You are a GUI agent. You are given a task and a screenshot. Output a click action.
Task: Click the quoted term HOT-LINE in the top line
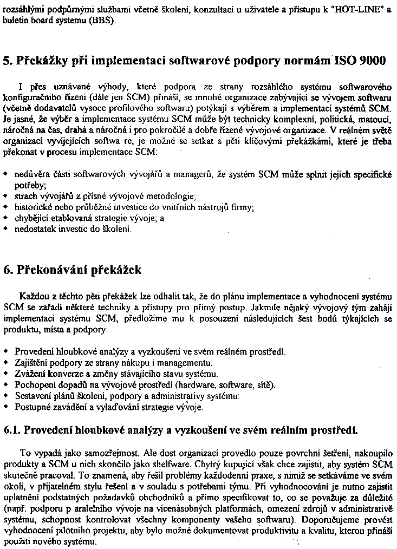point(360,11)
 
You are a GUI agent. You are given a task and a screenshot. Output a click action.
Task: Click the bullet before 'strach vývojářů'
point(5,195)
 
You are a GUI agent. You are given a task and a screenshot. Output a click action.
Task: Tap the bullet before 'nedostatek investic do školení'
point(5,229)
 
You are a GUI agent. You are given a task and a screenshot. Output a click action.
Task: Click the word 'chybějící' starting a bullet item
point(30,218)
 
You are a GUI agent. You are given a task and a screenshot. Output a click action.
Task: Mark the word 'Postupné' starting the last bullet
point(31,407)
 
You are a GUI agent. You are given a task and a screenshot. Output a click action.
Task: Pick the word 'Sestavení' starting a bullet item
point(32,396)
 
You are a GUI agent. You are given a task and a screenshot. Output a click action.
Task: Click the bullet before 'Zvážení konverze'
point(5,374)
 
